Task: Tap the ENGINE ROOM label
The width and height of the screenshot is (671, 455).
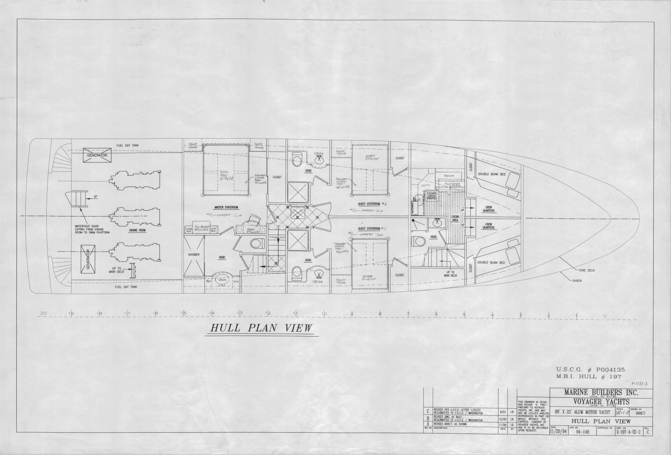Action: (137, 230)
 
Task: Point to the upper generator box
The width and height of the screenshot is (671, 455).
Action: (97, 155)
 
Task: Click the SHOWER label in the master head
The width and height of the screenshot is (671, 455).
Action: (194, 254)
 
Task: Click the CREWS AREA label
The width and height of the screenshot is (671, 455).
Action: (455, 218)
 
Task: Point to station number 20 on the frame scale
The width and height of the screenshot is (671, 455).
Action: (43, 313)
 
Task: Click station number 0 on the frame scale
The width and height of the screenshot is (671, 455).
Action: (605, 316)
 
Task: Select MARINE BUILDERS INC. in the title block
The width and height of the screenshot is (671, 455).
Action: (601, 393)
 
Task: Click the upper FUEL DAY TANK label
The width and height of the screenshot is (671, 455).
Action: (128, 145)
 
